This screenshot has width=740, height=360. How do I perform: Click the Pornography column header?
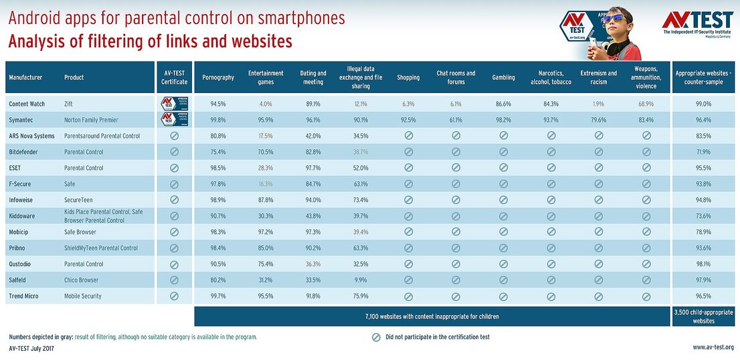[218, 78]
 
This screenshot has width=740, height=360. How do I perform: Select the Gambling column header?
[504, 78]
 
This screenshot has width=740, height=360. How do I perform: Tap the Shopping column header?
[408, 78]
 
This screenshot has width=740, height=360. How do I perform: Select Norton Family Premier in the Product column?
[91, 120]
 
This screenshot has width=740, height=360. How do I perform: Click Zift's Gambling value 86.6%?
[504, 104]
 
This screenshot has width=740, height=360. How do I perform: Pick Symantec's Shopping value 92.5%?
[408, 120]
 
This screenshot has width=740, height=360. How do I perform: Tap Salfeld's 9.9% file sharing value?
[361, 280]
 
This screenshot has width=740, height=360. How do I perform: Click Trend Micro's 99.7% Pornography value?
[218, 296]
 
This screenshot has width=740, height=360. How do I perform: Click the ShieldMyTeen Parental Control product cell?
[101, 248]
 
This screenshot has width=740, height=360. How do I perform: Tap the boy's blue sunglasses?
[612, 18]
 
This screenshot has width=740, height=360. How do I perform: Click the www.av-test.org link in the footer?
[713, 347]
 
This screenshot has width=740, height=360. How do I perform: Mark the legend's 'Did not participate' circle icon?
[376, 337]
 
